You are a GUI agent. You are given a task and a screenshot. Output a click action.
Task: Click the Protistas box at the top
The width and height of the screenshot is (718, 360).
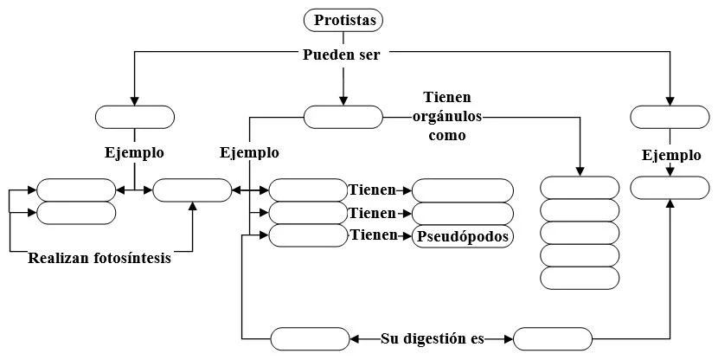[x=343, y=20]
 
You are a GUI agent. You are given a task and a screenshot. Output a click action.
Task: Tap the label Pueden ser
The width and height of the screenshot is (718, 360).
[x=343, y=55]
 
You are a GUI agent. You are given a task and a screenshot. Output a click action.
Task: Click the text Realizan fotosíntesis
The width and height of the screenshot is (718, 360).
[x=99, y=258]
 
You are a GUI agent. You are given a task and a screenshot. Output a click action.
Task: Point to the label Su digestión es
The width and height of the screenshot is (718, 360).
[x=433, y=338]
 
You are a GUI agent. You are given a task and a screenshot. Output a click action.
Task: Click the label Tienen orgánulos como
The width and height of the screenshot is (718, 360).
[x=446, y=116]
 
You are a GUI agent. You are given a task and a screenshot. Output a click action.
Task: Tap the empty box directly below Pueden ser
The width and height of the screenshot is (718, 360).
[x=343, y=117]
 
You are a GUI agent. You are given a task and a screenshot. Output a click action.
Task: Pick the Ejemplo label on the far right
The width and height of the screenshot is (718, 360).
[x=671, y=156]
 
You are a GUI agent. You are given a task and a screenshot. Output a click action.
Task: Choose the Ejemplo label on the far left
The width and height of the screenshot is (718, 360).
[x=134, y=152]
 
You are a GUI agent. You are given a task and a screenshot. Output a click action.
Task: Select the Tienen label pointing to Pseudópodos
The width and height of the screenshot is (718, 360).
[x=372, y=235]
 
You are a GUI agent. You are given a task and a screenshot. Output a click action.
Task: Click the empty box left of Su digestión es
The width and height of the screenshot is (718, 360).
[x=310, y=338]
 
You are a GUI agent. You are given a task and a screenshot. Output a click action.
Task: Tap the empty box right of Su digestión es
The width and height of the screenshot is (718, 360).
[x=553, y=338]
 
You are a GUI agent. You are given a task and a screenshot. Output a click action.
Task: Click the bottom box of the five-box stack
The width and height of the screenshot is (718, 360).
[x=580, y=278]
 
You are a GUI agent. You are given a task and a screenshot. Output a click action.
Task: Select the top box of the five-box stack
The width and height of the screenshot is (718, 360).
[x=580, y=188]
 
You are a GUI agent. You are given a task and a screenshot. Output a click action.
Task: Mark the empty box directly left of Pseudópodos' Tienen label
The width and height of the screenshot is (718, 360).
[x=308, y=235]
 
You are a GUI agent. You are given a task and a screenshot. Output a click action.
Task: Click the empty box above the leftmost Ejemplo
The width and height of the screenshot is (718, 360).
[x=134, y=117]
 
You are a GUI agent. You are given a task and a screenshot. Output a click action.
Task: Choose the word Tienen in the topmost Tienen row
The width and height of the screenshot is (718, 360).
[x=372, y=190]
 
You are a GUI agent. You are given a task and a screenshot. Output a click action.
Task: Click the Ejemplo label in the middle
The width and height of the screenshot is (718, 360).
[x=249, y=152]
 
